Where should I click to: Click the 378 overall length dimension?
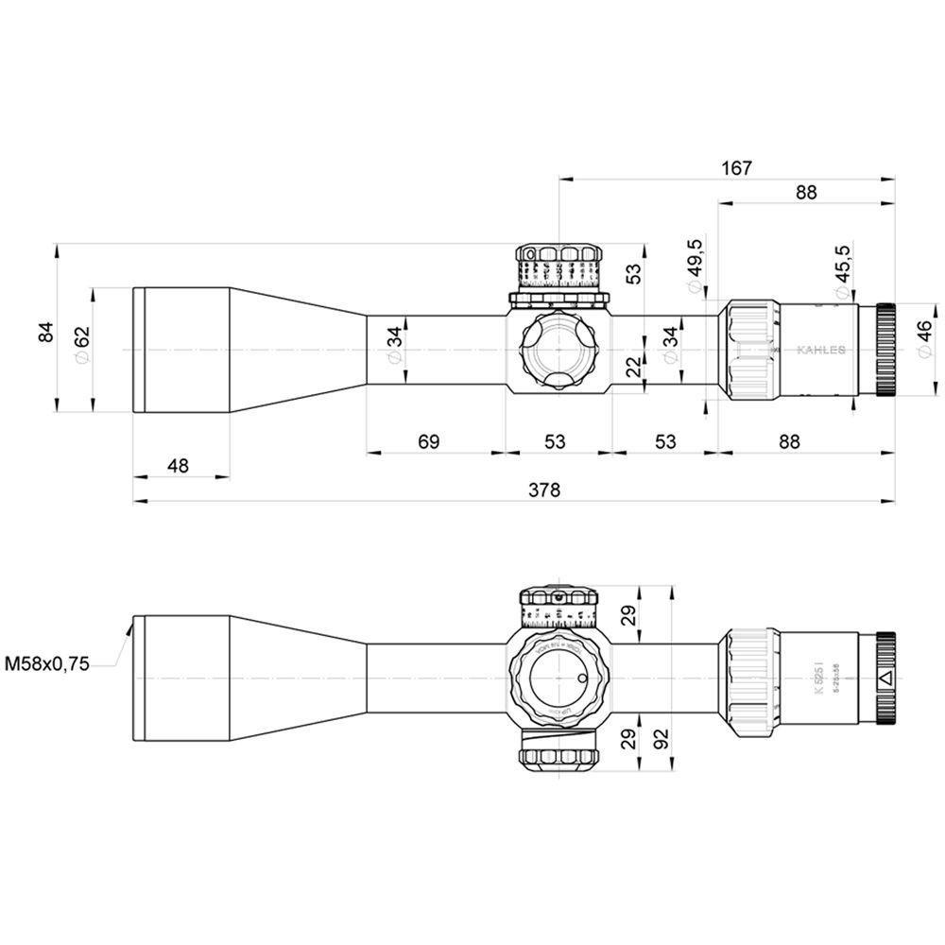coord(545,490)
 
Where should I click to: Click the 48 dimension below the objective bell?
coord(178,465)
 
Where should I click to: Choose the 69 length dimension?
coord(429,441)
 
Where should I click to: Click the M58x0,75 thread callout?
coord(47,664)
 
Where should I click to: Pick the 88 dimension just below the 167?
coord(805,192)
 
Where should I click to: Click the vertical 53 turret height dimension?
coord(633,273)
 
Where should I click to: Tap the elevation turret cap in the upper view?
coord(558,254)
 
